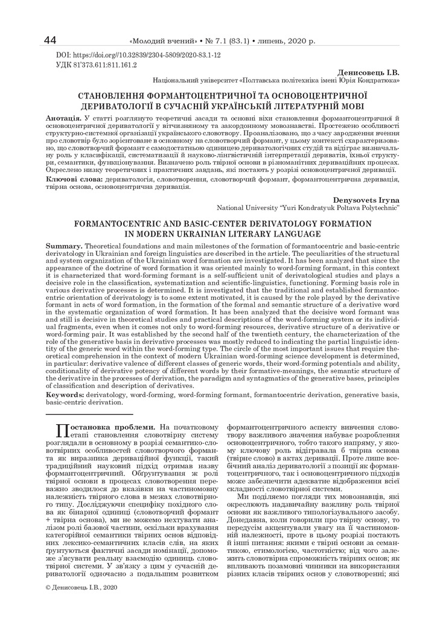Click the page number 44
pyautogui.click(x=51, y=40)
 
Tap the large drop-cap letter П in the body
pyautogui.click(x=60, y=430)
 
